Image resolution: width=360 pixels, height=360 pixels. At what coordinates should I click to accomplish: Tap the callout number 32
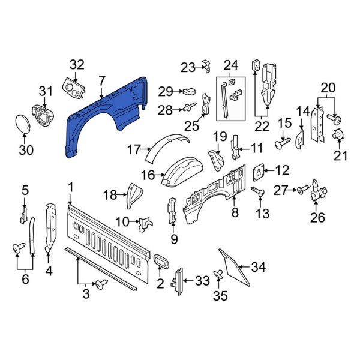pyautogui.click(x=77, y=64)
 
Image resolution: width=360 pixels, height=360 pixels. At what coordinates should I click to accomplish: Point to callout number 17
pyautogui.click(x=133, y=148)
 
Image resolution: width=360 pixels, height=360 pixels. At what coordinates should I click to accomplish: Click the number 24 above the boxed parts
pyautogui.click(x=231, y=65)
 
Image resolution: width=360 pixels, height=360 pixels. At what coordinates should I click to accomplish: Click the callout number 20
pyautogui.click(x=328, y=88)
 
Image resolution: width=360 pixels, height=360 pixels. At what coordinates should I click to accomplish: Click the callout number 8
pyautogui.click(x=235, y=212)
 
